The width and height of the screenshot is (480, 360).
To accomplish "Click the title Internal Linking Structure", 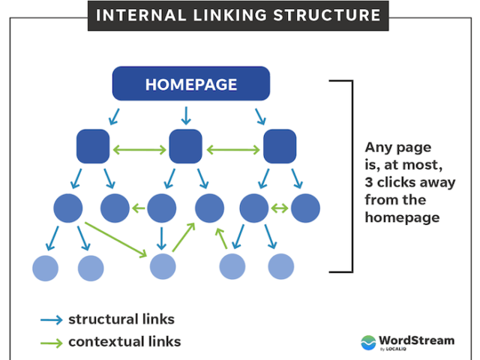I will pyautogui.click(x=238, y=15).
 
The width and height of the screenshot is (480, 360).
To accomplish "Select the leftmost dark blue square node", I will pyautogui.click(x=93, y=146).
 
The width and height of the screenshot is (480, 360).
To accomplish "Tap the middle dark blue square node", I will pyautogui.click(x=185, y=146).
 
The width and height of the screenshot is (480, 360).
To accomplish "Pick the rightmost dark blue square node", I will pyautogui.click(x=279, y=146).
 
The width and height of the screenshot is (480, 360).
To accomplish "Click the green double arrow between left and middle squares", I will pyautogui.click(x=139, y=150).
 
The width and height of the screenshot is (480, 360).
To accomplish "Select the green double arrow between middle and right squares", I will pyautogui.click(x=232, y=150).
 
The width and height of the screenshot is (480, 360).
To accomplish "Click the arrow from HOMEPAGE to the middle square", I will pyautogui.click(x=185, y=115).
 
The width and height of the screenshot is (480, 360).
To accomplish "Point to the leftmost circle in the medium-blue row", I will pyautogui.click(x=68, y=208).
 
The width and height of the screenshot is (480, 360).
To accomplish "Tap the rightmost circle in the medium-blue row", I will pyautogui.click(x=305, y=208).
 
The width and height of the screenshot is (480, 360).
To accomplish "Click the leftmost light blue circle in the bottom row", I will pyautogui.click(x=45, y=267).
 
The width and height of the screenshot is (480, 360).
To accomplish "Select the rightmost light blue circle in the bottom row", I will pyautogui.click(x=281, y=266).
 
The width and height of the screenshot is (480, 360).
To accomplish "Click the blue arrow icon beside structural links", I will pyautogui.click(x=51, y=319).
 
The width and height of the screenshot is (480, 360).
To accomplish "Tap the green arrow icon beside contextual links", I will pyautogui.click(x=51, y=342).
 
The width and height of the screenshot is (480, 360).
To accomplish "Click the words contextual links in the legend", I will pyautogui.click(x=124, y=342).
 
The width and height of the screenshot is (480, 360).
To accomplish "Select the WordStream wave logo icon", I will pyautogui.click(x=369, y=342).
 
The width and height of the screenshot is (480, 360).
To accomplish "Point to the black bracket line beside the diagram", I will pyautogui.click(x=350, y=176).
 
